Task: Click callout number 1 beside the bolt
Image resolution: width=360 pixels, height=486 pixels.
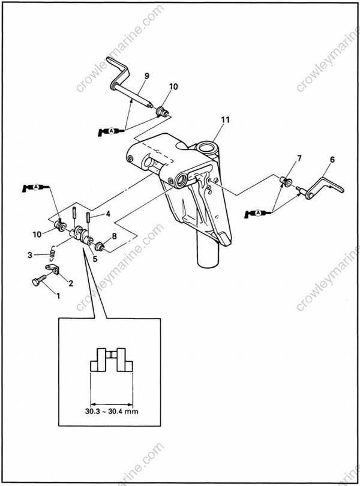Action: [58, 295]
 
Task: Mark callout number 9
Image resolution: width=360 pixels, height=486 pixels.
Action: [146, 76]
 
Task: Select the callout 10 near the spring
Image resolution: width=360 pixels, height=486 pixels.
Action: [37, 233]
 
